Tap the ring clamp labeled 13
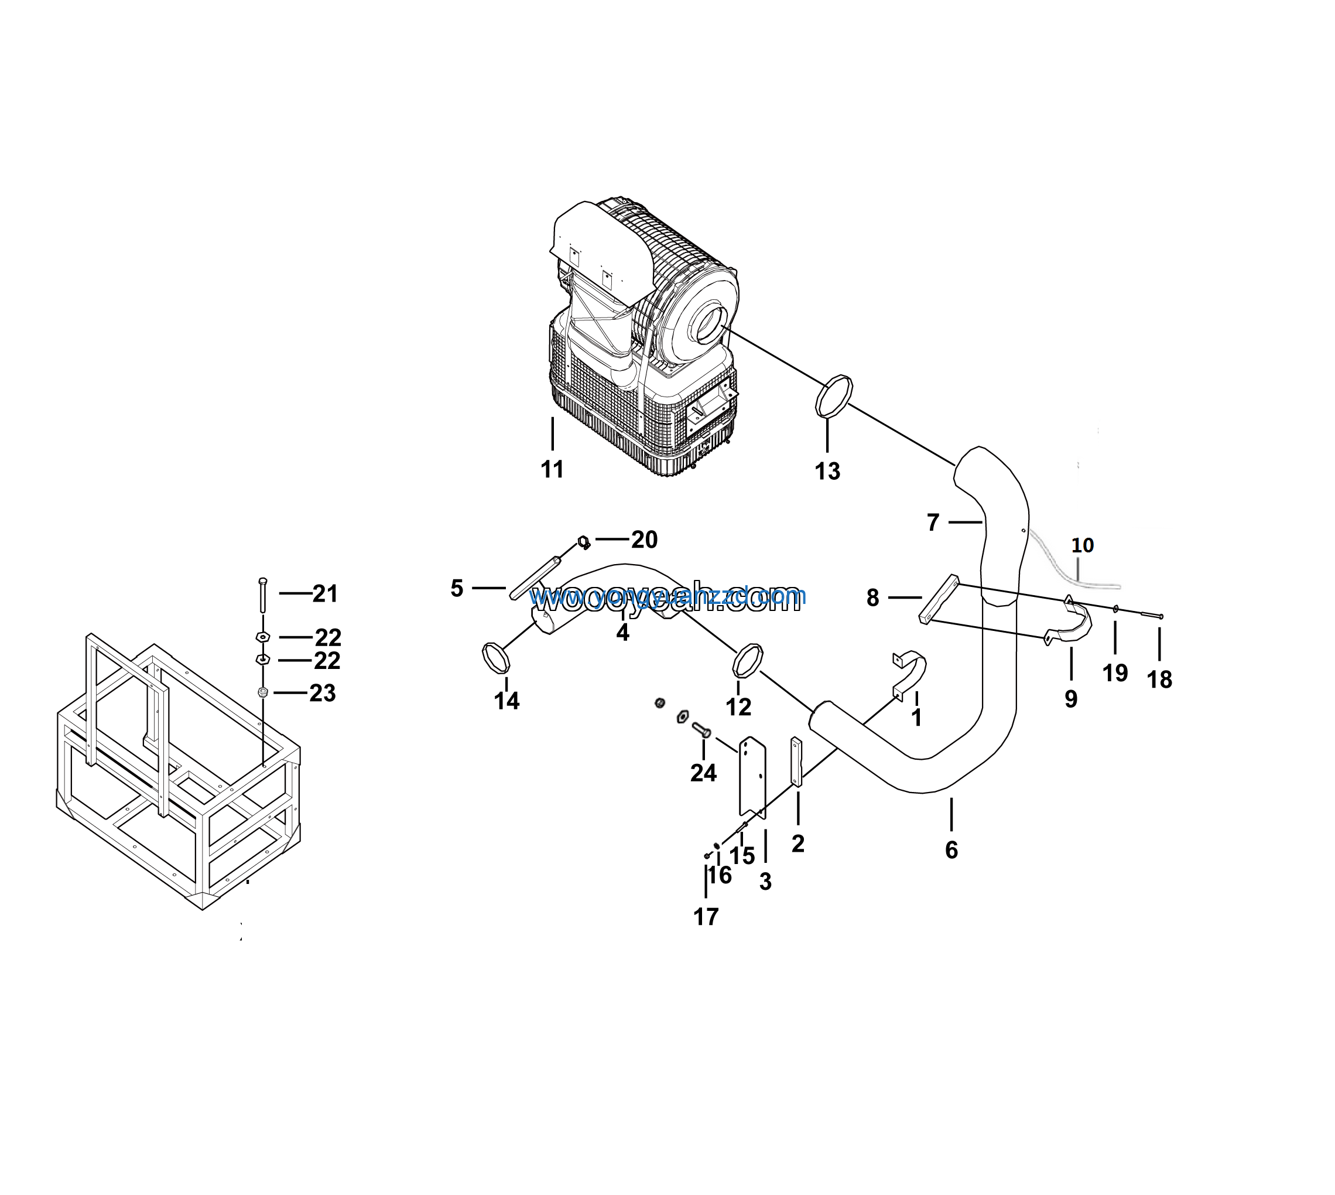(834, 395)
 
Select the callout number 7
(933, 523)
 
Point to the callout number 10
(1082, 545)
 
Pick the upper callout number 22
(328, 637)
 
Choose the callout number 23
(322, 693)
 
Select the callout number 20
(644, 540)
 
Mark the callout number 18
(1159, 680)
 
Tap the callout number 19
(1114, 673)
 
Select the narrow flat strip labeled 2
(796, 762)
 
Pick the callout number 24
(703, 773)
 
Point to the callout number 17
(706, 917)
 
